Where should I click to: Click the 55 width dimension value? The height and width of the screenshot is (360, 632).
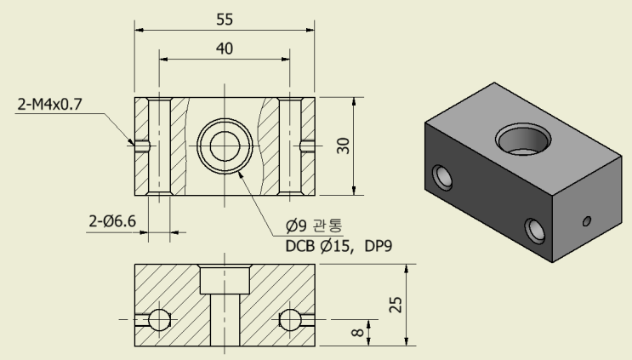[225, 19]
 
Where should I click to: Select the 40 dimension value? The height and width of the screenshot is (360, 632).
[225, 49]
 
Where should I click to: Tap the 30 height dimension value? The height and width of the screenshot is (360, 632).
[344, 146]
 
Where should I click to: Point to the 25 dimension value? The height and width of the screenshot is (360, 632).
[396, 304]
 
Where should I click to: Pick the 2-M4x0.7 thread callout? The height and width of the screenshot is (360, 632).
[50, 106]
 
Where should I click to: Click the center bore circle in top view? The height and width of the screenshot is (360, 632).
[225, 146]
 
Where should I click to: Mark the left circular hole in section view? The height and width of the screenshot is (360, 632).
[160, 320]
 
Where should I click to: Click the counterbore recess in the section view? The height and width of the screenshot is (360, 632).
[225, 277]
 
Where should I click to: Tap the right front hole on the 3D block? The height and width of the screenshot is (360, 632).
[534, 229]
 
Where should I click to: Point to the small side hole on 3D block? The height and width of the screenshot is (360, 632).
[586, 222]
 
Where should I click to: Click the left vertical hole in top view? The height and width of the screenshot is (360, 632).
[159, 146]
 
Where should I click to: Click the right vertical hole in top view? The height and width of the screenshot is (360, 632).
[291, 146]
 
